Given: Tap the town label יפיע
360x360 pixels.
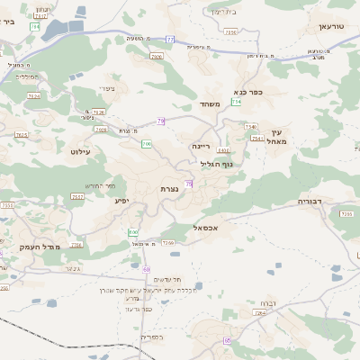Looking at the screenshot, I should [122, 201].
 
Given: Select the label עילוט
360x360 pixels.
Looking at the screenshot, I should [80, 151].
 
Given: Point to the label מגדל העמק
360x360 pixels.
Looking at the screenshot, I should [38, 246].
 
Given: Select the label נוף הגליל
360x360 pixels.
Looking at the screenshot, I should [214, 164].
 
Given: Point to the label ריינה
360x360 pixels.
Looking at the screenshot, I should [199, 145].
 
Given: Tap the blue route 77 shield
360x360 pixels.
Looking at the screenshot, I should [170, 40].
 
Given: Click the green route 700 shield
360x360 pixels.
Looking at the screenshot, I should [146, 144].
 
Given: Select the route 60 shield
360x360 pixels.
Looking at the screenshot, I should [146, 268].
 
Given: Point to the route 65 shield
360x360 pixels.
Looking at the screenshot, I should [228, 340].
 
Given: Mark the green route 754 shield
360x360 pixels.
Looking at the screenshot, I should [236, 102].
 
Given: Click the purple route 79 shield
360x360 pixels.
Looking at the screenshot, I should [161, 121].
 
